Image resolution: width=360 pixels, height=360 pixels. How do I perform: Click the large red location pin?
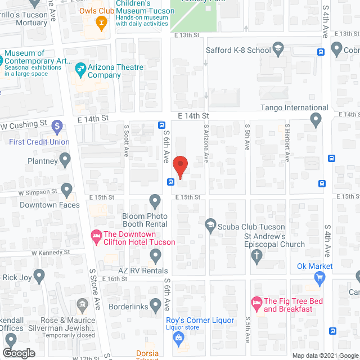point(179,166)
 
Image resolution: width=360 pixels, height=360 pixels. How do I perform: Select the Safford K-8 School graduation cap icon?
point(277,49)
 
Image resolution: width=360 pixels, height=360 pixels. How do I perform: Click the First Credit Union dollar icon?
point(56,127)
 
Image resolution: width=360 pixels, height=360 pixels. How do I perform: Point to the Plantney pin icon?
point(65,160)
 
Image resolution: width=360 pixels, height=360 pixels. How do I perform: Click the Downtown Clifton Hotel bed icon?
point(96,234)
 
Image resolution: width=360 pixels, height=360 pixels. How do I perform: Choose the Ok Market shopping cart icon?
point(320,277)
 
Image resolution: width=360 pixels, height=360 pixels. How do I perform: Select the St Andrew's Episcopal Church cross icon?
point(257,256)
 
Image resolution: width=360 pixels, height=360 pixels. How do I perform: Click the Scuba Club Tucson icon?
point(211,225)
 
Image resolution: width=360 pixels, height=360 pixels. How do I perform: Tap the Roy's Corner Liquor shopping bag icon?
point(178,337)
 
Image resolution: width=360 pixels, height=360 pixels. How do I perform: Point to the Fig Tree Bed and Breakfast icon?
point(256,304)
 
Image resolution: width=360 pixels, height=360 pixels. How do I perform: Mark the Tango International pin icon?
point(316,119)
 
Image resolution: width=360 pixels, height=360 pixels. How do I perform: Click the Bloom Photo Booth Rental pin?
point(155,201)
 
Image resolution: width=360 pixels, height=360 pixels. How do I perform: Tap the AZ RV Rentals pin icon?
point(155,256)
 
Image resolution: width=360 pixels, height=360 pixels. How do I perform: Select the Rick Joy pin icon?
point(39,276)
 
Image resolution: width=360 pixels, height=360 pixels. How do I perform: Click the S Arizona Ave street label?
point(206,143)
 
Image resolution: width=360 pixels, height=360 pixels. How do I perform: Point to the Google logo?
point(19,353)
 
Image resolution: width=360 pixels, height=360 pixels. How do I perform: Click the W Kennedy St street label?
point(50,252)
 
